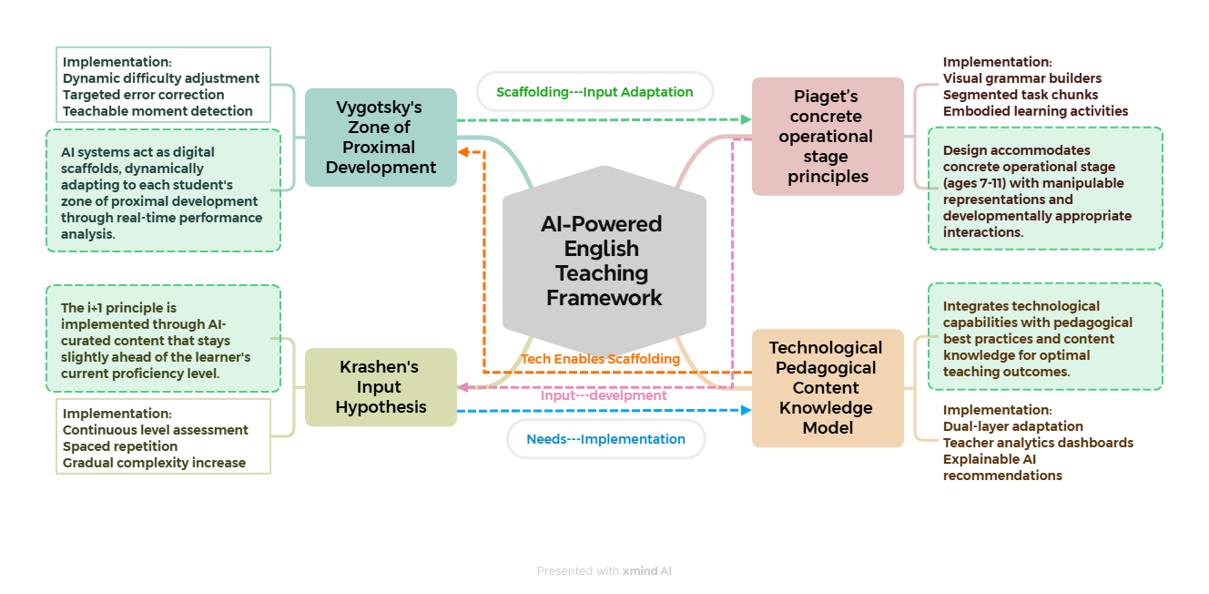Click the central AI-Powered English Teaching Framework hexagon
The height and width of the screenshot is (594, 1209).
pyautogui.click(x=604, y=261)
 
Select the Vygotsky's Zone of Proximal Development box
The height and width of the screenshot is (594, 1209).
pyautogui.click(x=381, y=138)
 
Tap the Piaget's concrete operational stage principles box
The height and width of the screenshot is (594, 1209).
pyautogui.click(x=828, y=137)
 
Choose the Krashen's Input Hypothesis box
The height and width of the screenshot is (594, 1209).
pyautogui.click(x=381, y=387)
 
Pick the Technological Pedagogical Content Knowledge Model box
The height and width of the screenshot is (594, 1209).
pyautogui.click(x=828, y=388)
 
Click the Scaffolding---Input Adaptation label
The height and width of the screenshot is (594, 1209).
pyautogui.click(x=594, y=92)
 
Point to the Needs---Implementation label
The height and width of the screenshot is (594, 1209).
pyautogui.click(x=605, y=439)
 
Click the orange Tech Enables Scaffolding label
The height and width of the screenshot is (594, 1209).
pyautogui.click(x=601, y=359)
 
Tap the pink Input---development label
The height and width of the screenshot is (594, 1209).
pyautogui.click(x=604, y=395)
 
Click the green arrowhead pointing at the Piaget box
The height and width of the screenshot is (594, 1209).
pyautogui.click(x=747, y=119)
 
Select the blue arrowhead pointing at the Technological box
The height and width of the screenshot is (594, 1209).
pyautogui.click(x=747, y=411)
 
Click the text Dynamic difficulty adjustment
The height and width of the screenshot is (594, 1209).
pyautogui.click(x=161, y=78)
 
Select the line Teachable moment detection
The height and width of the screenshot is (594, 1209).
pyautogui.click(x=157, y=111)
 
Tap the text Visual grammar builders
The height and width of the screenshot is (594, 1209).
pyautogui.click(x=1022, y=78)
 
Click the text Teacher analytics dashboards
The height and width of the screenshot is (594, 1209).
pyautogui.click(x=1038, y=443)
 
